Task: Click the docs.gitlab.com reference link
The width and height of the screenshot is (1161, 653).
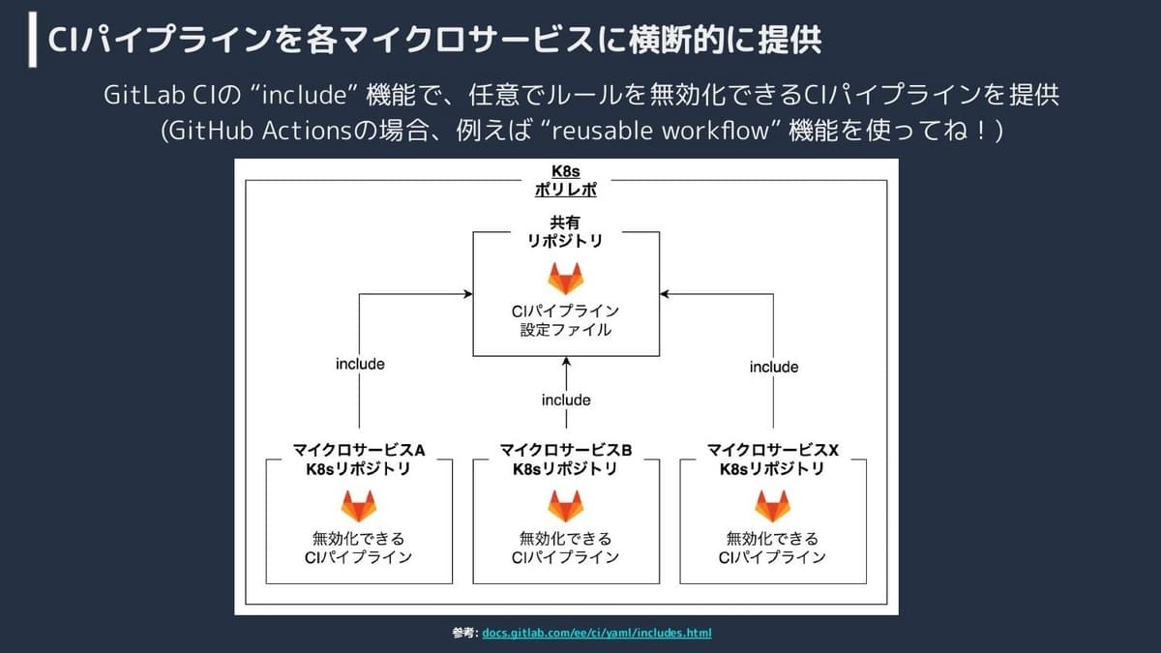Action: pos(597,633)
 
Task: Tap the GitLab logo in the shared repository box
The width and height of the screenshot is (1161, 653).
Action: pos(565,279)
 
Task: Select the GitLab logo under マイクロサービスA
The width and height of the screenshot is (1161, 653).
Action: pos(359,506)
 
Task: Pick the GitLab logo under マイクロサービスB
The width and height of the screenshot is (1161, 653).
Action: pos(565,506)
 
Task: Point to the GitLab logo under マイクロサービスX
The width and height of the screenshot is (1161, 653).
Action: pos(772,506)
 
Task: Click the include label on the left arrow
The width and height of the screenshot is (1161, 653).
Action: pos(360,364)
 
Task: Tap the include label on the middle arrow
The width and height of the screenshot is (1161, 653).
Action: pos(566,401)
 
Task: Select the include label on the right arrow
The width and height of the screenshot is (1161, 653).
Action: pos(774,367)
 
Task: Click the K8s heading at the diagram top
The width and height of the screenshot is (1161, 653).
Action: pos(565,171)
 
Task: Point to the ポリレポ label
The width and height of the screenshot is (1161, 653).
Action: pos(565,190)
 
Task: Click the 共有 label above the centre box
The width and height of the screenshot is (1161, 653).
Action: pos(565,223)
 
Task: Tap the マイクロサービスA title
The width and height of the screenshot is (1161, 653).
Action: pos(359,450)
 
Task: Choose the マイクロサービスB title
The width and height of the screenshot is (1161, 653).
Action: pos(565,450)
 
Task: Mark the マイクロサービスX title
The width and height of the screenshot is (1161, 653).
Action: pos(772,450)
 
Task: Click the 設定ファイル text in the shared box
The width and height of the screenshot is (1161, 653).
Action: pos(565,330)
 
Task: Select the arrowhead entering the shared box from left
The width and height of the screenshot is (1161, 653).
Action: pos(468,294)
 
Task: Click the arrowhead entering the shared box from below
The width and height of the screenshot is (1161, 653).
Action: pos(566,361)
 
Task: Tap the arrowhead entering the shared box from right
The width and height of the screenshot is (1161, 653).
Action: pos(665,294)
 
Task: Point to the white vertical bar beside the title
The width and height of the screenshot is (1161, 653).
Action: pos(33,40)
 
